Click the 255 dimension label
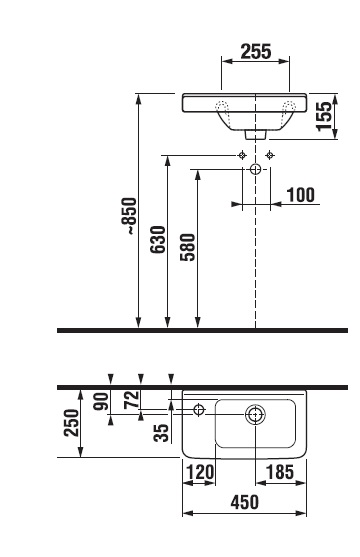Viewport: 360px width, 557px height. tap(256, 52)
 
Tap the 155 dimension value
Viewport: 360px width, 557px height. tap(324, 116)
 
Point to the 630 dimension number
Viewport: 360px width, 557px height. tap(157, 239)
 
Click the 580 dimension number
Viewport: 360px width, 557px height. tap(188, 247)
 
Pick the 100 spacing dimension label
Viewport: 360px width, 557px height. tap(301, 195)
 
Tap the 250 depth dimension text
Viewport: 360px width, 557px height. tap(71, 422)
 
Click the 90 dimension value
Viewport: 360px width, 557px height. tap(101, 401)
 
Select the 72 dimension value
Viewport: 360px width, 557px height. tap(131, 399)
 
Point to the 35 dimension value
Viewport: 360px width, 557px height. tap(162, 433)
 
